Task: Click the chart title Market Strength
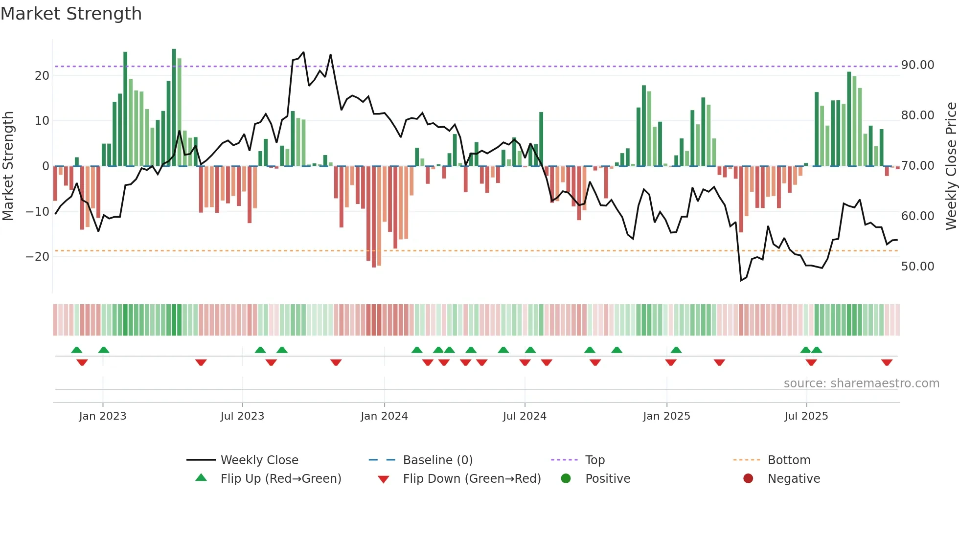click(71, 14)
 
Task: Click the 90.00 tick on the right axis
click(917, 65)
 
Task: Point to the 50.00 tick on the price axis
click(917, 267)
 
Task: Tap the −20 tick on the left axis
click(37, 257)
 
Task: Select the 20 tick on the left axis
click(42, 76)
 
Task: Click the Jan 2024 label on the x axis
click(384, 416)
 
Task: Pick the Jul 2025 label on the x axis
click(806, 416)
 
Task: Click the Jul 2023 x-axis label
click(242, 416)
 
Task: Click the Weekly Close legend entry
click(259, 460)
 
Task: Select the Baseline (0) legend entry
click(437, 460)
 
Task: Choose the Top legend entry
click(595, 460)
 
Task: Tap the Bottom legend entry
click(789, 460)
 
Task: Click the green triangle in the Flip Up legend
click(201, 478)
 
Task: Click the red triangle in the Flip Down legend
click(384, 479)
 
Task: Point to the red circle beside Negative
click(748, 479)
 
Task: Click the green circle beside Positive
click(566, 479)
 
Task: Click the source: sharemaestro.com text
click(861, 383)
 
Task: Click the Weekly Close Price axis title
click(951, 166)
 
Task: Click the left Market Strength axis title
click(8, 166)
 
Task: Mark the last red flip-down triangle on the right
click(887, 362)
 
